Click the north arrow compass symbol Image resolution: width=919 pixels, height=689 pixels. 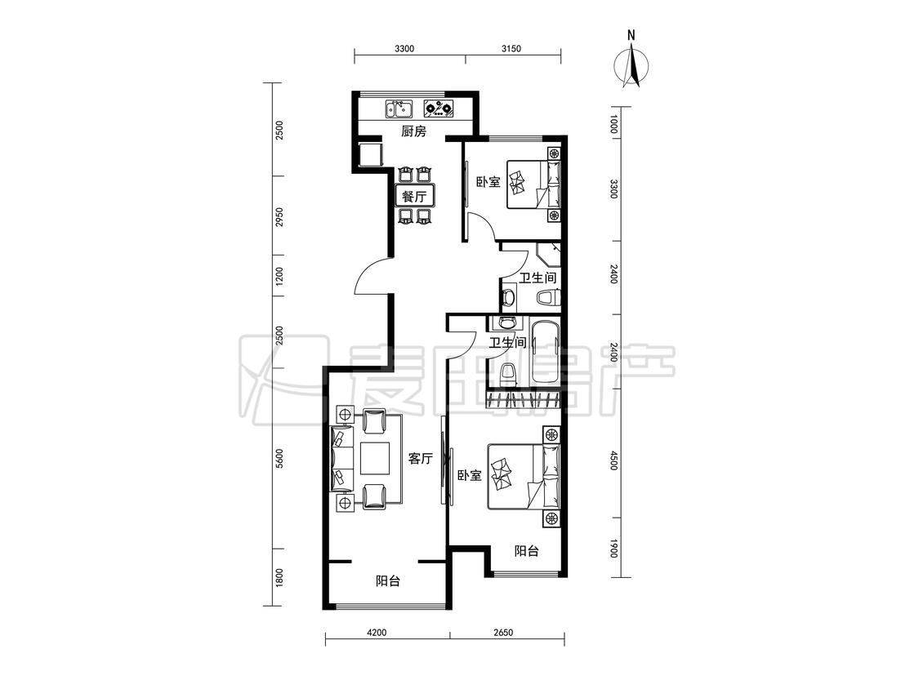point(631,64)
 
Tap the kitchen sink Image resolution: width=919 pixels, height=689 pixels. point(399,109)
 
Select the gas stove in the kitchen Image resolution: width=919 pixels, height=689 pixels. point(439,109)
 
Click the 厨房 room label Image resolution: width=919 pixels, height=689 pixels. point(414,131)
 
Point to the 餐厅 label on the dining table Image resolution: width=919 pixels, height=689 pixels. point(414,196)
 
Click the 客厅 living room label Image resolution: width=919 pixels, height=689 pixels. point(420,458)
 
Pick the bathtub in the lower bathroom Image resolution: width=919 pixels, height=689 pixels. point(545,353)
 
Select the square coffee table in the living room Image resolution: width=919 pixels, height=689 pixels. point(375,458)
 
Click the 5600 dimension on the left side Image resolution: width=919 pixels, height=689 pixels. point(280,458)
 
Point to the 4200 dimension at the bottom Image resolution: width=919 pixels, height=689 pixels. point(377,632)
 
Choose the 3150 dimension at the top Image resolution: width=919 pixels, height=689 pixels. point(511,49)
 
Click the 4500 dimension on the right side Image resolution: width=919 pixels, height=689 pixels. point(613,460)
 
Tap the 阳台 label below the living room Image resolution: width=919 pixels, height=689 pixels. point(388,581)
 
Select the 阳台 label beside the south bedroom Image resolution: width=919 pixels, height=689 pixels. point(526,551)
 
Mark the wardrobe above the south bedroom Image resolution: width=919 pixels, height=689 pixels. point(524,399)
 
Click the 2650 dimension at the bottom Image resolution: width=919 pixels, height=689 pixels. point(503,632)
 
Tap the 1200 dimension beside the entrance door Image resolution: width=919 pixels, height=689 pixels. point(280,276)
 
